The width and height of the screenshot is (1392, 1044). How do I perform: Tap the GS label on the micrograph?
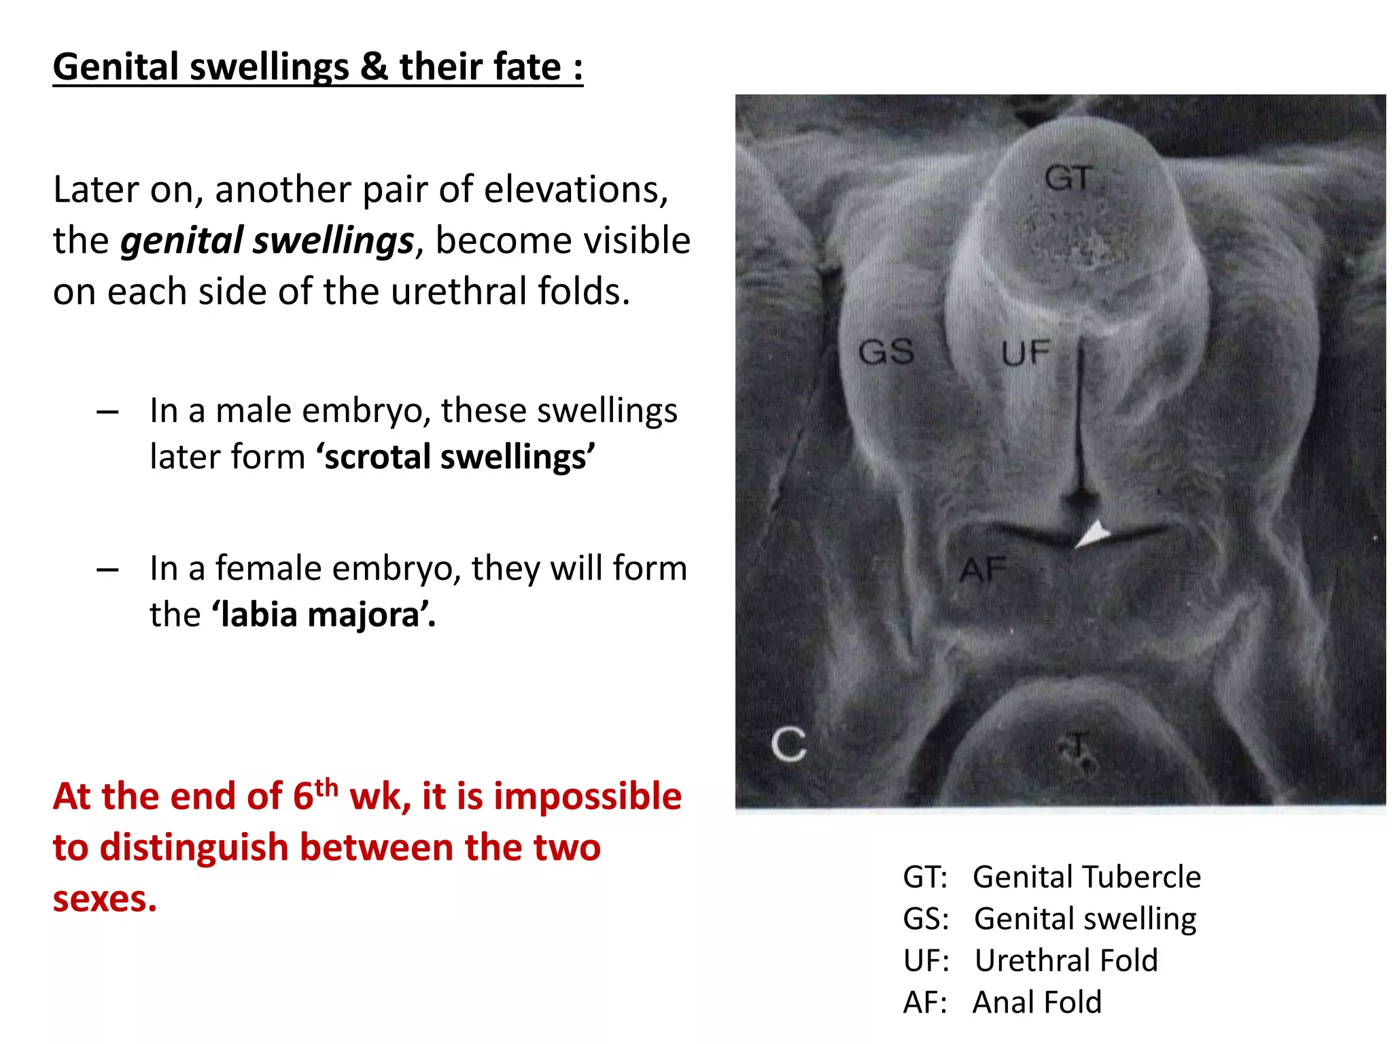886,352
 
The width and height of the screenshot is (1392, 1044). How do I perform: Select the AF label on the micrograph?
983,570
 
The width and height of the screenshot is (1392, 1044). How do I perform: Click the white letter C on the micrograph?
789,745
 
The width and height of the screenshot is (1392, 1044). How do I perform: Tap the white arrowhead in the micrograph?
1094,534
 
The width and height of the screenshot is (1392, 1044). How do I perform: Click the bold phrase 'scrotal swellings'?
455,457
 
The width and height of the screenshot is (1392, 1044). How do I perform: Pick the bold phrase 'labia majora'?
324,614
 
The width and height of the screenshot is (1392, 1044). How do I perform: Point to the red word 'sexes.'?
105,899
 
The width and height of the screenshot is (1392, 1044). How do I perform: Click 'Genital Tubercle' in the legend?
1087,877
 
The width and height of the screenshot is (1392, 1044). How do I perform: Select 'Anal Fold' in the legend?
1037,1002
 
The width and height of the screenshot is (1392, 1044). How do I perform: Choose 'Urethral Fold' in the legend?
1066,960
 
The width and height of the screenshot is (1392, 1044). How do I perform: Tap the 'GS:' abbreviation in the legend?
925,919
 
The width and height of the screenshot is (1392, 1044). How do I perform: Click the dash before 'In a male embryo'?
107,412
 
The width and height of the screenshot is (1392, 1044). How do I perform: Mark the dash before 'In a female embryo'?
107,570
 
